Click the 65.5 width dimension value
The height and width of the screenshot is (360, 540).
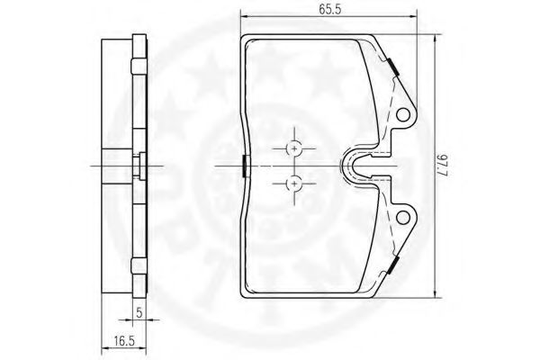(329, 9)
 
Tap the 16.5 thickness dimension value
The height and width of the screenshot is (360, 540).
(124, 341)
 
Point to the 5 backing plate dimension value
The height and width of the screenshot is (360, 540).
(139, 312)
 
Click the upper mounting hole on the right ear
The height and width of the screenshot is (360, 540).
(403, 115)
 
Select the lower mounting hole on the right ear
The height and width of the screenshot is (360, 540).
(403, 218)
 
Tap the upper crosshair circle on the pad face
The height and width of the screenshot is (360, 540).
(294, 148)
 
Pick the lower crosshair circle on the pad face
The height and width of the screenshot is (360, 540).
(294, 184)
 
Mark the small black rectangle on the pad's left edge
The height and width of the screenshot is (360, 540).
(245, 166)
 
